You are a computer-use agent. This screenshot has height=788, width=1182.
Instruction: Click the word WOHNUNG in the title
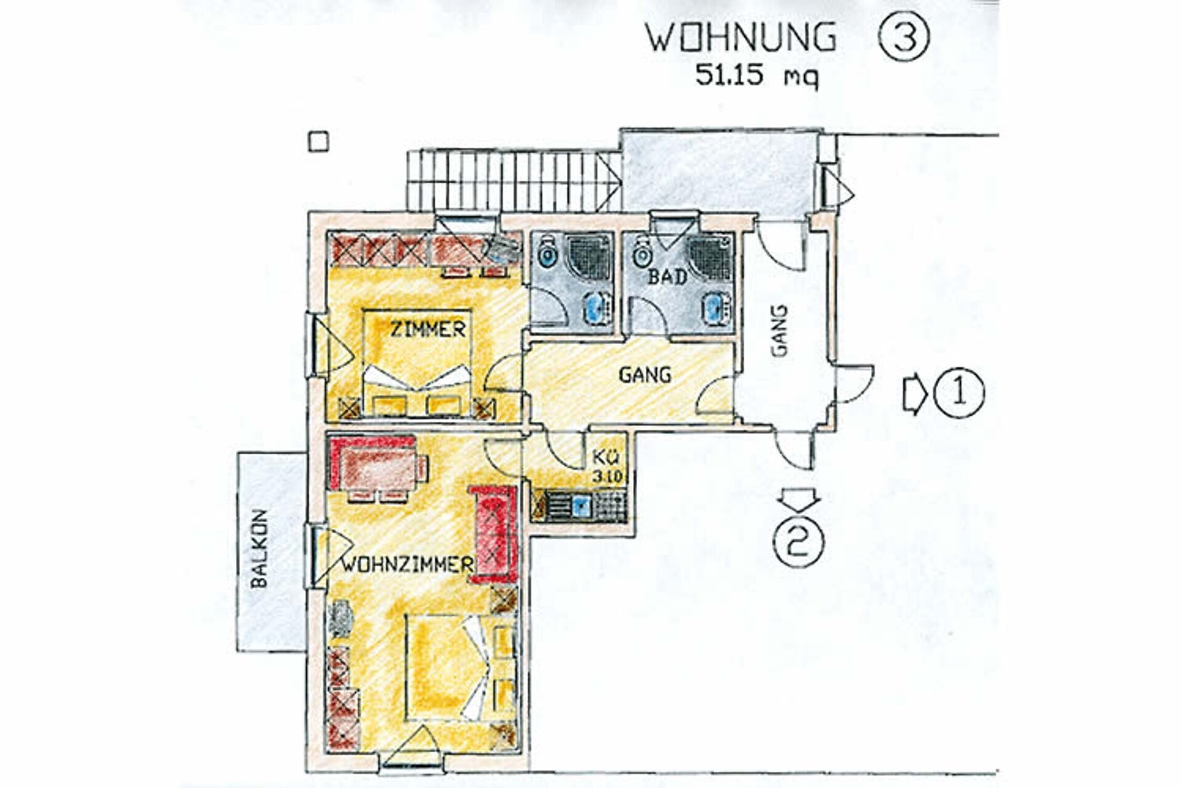pyautogui.click(x=741, y=38)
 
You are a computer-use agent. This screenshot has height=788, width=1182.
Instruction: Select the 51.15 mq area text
pyautogui.click(x=757, y=76)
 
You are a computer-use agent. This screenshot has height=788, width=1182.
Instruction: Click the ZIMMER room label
pyautogui.click(x=428, y=329)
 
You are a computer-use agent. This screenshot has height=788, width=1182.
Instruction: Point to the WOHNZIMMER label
pyautogui.click(x=407, y=564)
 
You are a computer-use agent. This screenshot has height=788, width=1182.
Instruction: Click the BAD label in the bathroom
pyautogui.click(x=667, y=277)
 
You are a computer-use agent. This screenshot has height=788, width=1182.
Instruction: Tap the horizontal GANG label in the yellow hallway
pyautogui.click(x=645, y=375)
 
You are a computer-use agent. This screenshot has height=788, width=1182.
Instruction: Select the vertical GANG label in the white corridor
pyautogui.click(x=779, y=331)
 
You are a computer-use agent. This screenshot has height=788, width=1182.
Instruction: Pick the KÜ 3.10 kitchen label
pyautogui.click(x=608, y=467)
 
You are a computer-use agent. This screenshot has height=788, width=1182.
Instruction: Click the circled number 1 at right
pyautogui.click(x=959, y=393)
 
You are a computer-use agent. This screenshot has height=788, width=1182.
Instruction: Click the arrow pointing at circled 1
pyautogui.click(x=915, y=393)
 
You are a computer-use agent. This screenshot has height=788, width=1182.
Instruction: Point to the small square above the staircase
pyautogui.click(x=318, y=142)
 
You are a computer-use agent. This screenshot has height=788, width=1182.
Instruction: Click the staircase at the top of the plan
pyautogui.click(x=513, y=181)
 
